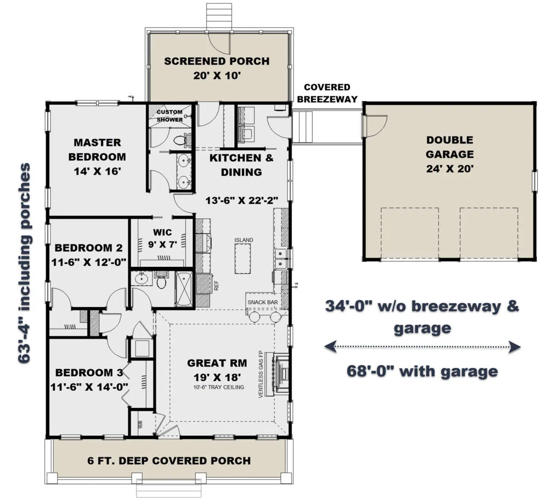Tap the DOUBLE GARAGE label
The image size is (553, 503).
pos(450,147)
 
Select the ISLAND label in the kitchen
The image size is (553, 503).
pos(244,240)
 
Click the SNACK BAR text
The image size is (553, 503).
pos(262,302)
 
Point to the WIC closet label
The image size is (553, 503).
pos(162,232)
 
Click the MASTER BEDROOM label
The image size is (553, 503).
pos(97,150)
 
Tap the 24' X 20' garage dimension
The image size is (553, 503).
pos(450,169)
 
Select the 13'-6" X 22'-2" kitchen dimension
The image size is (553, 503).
pos(241,200)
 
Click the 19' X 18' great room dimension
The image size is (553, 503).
pos(217,377)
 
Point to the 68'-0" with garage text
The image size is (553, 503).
pos(422,371)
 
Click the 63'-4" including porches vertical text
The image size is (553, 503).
pos(24,263)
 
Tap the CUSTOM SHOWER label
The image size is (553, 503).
pos(170,116)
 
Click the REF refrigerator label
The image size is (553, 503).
pos(216,286)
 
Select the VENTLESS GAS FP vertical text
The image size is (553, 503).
pos(260,374)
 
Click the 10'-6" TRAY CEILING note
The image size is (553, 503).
pos(218,387)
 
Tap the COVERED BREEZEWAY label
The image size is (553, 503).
pos(327,93)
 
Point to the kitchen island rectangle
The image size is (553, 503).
pos(242,259)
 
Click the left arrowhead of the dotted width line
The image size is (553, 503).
pos(330,347)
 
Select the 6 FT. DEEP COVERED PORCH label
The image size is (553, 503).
pos(169,461)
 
